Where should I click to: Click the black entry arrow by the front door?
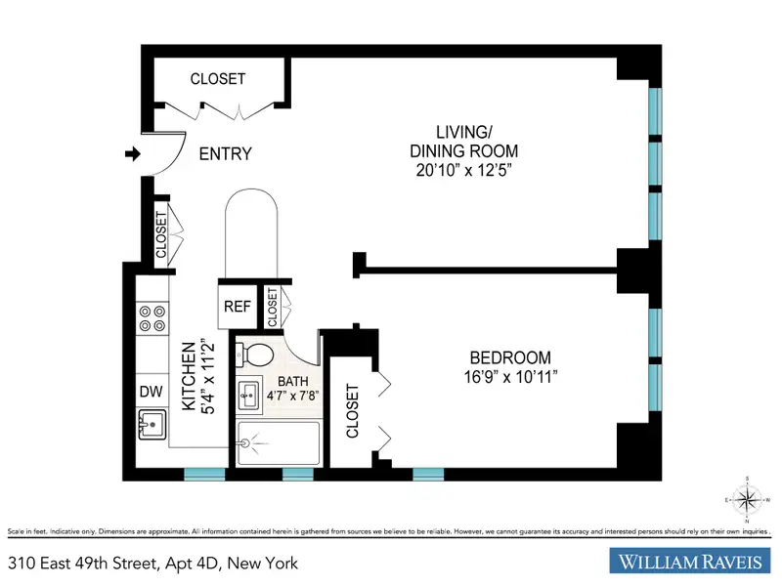point(133,154)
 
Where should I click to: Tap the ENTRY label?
point(226,154)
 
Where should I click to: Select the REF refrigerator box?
point(238,307)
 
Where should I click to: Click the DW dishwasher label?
point(152,392)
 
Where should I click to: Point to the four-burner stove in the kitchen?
point(152,319)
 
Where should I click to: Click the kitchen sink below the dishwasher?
point(152,425)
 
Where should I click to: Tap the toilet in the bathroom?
point(254,355)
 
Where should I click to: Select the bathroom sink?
point(249,397)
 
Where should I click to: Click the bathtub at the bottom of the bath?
point(279,443)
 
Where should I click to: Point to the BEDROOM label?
point(510,357)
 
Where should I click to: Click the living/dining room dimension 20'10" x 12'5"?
point(464,170)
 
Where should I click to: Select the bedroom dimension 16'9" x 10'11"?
point(510,377)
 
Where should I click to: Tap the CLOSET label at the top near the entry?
point(218,79)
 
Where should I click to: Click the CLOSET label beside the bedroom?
point(353,411)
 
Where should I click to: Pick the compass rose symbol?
point(747,500)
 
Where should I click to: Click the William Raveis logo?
point(691,561)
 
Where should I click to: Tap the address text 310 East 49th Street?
point(83,564)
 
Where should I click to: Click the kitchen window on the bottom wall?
point(204,474)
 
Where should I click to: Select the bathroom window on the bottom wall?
point(298,474)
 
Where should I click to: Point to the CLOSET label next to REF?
point(273,308)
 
